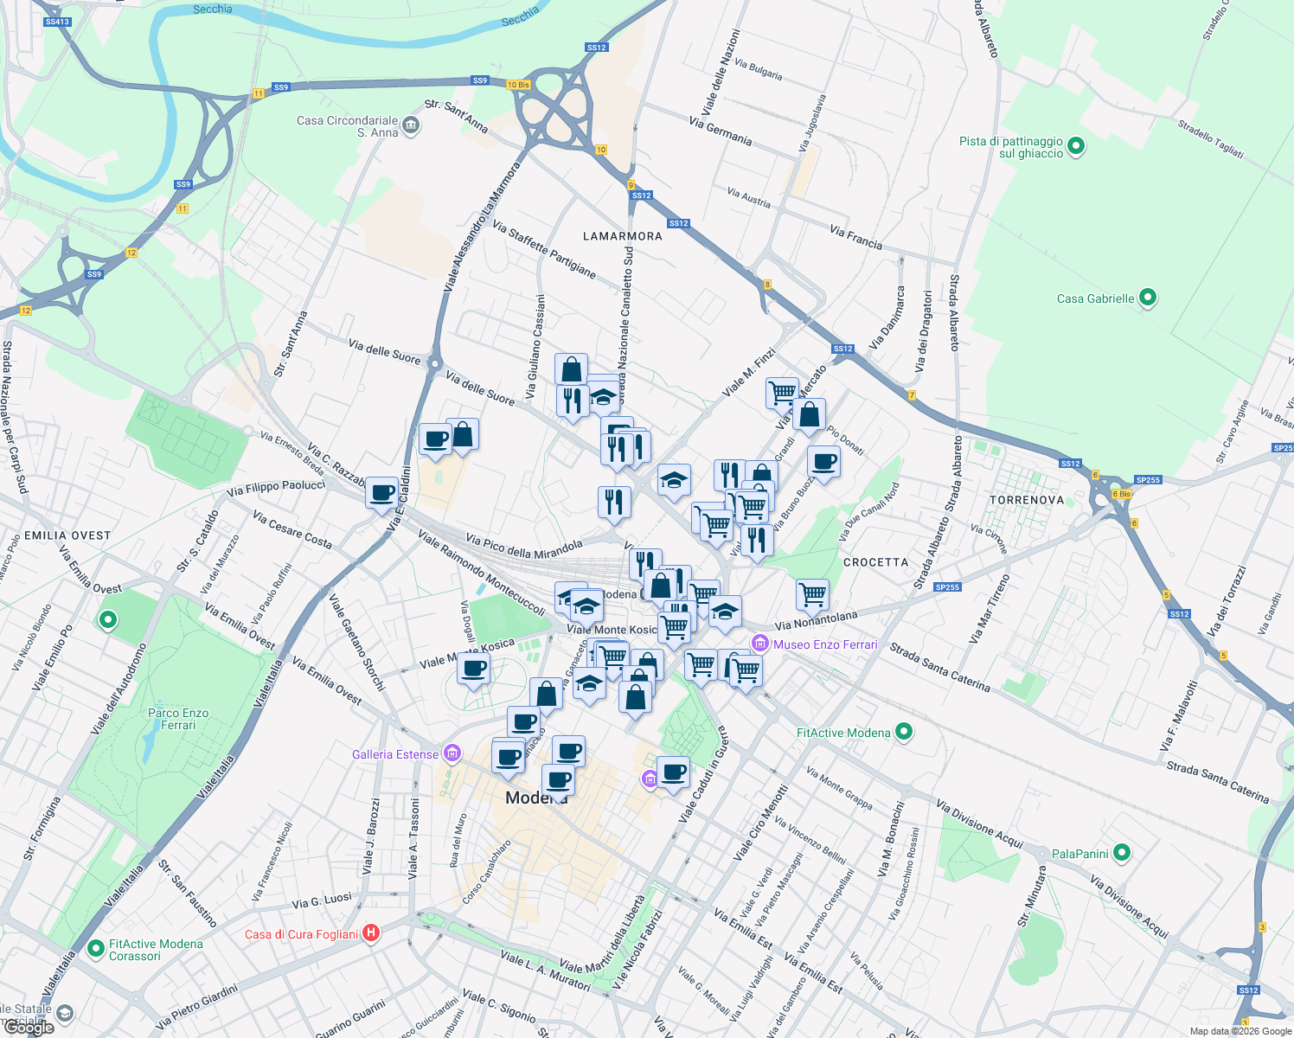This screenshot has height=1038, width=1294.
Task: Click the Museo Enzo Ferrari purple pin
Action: (x=760, y=644)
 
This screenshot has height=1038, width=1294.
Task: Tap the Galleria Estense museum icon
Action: (x=452, y=753)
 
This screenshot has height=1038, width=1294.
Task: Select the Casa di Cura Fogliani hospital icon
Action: (x=371, y=932)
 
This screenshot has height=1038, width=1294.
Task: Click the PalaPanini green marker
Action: (x=1122, y=853)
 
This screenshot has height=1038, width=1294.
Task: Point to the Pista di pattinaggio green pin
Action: (x=1076, y=145)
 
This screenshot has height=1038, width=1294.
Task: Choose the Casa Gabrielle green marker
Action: (x=1148, y=298)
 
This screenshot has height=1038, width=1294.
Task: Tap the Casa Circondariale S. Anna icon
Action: (x=412, y=126)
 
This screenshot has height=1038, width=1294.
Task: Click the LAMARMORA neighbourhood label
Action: (x=623, y=236)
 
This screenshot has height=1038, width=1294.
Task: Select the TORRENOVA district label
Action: (x=1027, y=500)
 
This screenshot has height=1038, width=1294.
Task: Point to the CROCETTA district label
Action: (x=875, y=562)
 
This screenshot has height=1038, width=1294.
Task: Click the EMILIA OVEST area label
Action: (x=67, y=535)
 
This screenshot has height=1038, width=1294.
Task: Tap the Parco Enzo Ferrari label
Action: (x=178, y=719)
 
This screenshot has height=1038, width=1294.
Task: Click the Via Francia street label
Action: (x=855, y=237)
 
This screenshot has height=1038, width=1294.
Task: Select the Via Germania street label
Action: (x=721, y=131)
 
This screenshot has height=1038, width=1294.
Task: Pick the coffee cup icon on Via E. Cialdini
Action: (x=381, y=494)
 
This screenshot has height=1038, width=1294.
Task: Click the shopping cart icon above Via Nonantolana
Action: (x=811, y=593)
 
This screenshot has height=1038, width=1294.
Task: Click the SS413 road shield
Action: (x=57, y=22)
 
